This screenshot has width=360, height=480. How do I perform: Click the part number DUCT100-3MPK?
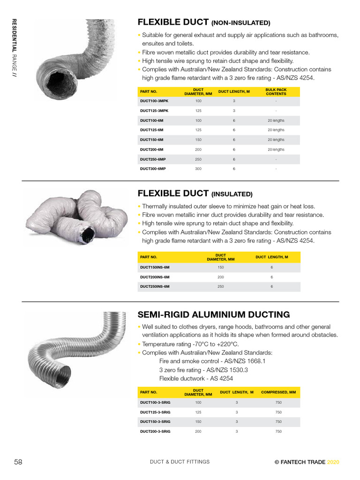point(154,101)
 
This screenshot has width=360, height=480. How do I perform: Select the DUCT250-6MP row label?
point(153,159)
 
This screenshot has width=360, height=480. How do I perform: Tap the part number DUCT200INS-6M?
point(155,277)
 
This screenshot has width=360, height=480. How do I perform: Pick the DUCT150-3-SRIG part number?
point(155,422)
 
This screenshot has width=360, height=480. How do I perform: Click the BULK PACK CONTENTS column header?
point(276,92)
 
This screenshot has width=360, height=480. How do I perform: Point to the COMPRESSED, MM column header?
point(278,392)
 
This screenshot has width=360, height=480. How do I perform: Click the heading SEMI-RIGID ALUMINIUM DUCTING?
point(213,315)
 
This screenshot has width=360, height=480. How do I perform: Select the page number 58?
point(18,462)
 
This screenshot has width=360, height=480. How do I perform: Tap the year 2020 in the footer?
point(333,462)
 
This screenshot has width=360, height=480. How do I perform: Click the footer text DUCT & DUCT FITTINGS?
point(180,462)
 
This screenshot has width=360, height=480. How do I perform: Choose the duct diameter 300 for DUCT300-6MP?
point(198,169)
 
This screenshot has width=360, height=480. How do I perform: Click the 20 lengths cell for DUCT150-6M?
point(276,140)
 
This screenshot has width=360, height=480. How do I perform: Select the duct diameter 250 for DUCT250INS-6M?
point(221,286)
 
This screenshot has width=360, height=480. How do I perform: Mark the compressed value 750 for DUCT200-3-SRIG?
point(278,431)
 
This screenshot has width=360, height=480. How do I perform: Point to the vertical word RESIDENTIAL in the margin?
point(14,36)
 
